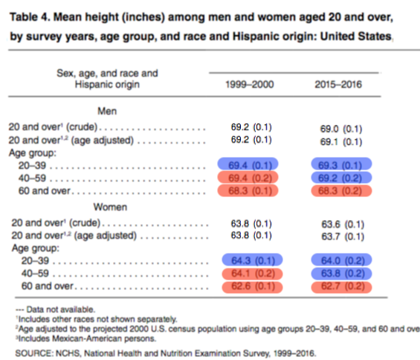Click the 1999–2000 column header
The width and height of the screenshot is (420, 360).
click(249, 85)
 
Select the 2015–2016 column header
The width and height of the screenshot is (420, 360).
click(338, 85)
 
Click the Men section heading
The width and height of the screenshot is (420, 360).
click(107, 111)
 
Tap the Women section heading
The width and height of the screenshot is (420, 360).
click(110, 207)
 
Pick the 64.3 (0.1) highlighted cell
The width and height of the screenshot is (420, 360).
click(252, 260)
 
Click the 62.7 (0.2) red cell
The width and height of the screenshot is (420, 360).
click(341, 286)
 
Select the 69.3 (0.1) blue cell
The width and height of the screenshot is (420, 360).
click(341, 164)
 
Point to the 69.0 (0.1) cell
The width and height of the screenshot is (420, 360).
click(341, 129)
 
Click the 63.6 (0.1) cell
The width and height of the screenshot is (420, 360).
click(343, 224)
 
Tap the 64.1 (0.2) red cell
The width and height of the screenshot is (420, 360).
click(252, 274)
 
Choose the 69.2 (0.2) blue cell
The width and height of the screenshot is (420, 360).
click(341, 178)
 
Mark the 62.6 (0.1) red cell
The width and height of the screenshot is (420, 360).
click(252, 286)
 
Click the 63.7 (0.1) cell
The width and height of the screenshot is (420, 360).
click(343, 237)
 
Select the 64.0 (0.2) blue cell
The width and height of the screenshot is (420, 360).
click(341, 260)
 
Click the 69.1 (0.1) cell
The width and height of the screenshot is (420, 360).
click(341, 142)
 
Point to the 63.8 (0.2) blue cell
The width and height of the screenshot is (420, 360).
click(341, 274)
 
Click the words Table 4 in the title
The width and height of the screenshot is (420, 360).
click(30, 17)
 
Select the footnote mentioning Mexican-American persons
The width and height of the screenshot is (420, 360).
click(86, 338)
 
